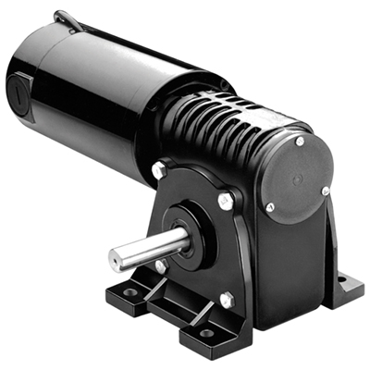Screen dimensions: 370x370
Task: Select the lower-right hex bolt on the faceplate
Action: click(x=225, y=300)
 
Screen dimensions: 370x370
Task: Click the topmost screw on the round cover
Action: click(x=300, y=142)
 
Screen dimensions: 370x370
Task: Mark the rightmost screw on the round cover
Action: click(x=326, y=191)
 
